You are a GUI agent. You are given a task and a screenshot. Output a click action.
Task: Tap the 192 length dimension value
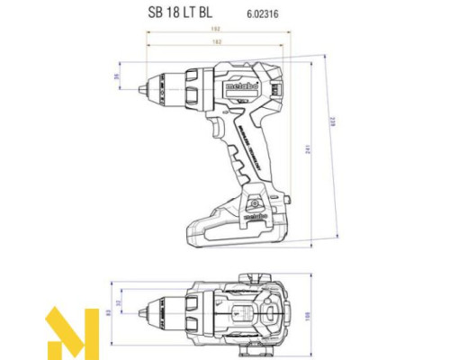coord(217,29)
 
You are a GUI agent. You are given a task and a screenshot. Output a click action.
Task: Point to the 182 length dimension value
coord(217,41)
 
